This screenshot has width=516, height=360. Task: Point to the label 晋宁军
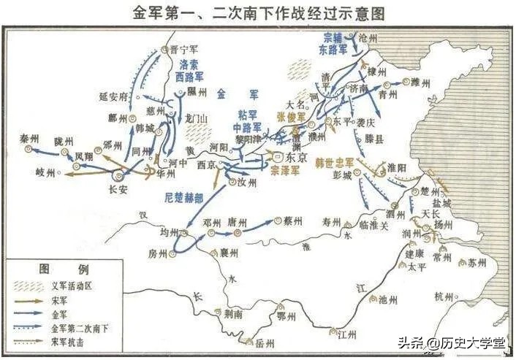coord(183,50)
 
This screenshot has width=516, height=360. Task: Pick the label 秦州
coord(29,137)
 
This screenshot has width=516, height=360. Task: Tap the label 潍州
coord(423,82)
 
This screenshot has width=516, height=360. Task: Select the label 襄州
coord(229,253)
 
